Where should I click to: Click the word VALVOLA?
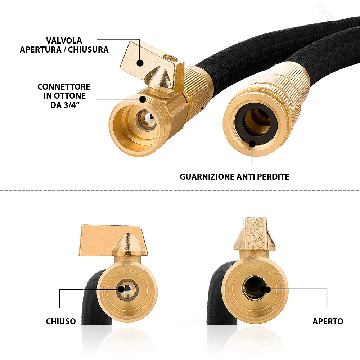tap(64, 41)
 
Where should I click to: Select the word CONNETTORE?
tap(64, 87)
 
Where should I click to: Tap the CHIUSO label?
tap(60, 321)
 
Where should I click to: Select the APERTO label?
tap(328, 321)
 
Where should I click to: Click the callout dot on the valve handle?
tap(140, 63)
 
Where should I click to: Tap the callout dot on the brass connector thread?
tap(143, 99)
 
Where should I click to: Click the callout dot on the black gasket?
tap(252, 144)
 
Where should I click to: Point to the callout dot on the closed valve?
tap(121, 289)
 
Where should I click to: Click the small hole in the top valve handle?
tap(170, 58)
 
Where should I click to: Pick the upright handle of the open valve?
tap(255, 234)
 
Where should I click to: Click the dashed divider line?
tap(180, 191)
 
